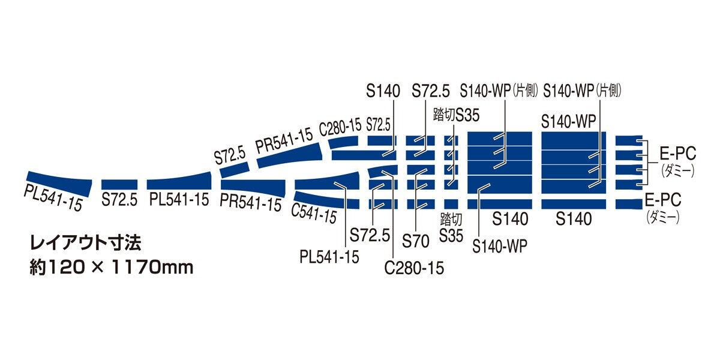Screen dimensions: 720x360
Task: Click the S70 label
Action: (416, 241)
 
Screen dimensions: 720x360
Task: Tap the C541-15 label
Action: (313, 212)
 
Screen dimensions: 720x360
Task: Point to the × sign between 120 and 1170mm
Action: (99, 268)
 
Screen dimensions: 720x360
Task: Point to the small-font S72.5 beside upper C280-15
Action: (378, 125)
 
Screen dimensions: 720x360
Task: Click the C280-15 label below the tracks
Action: (414, 268)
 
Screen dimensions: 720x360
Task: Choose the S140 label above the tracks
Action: (382, 91)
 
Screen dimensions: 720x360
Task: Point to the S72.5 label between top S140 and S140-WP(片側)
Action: (430, 91)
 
